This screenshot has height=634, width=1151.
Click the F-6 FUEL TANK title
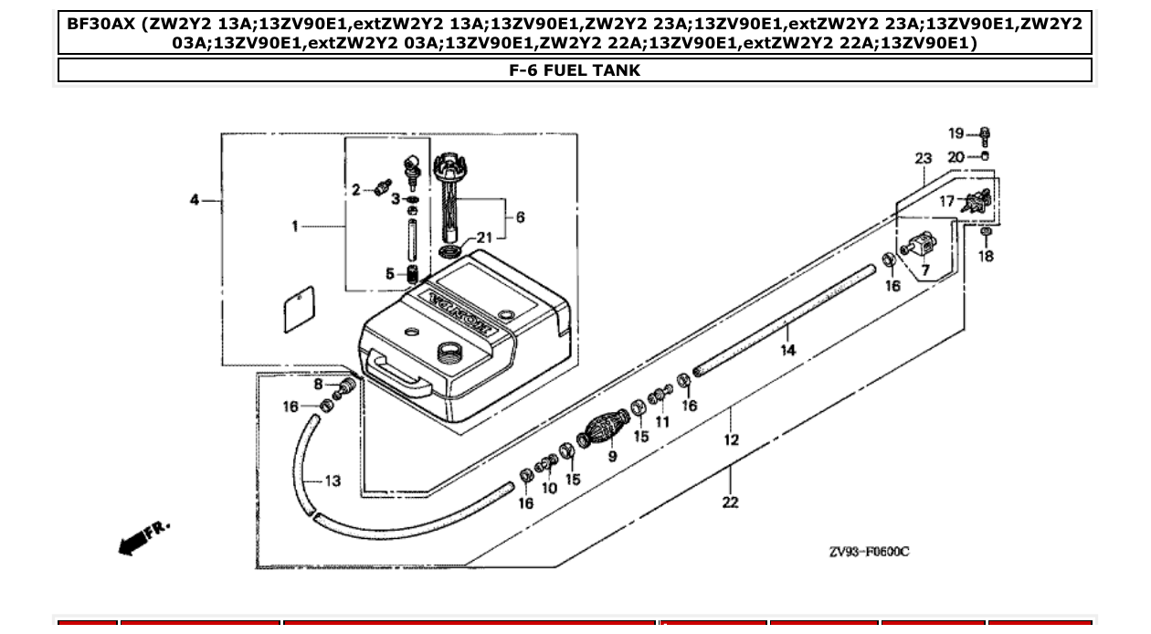pyautogui.click(x=575, y=70)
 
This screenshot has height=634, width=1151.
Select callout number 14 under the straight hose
pyautogui.click(x=787, y=349)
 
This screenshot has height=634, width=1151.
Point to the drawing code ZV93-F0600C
pyautogui.click(x=869, y=552)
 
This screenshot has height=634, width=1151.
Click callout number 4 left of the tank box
pyautogui.click(x=195, y=200)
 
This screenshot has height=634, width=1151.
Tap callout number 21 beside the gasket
pyautogui.click(x=483, y=238)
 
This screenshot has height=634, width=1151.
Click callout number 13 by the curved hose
pyautogui.click(x=333, y=481)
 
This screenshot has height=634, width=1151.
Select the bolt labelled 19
pyautogui.click(x=986, y=137)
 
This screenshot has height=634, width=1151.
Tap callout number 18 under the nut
pyautogui.click(x=986, y=257)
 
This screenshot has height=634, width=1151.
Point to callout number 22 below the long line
pyautogui.click(x=730, y=502)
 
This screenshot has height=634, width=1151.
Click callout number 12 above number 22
pyautogui.click(x=731, y=439)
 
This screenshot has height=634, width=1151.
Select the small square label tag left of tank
pyautogui.click(x=297, y=312)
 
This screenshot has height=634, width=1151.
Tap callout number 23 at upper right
pyautogui.click(x=923, y=159)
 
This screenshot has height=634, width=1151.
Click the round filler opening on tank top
pyautogui.click(x=450, y=351)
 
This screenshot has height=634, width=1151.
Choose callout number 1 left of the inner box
pyautogui.click(x=295, y=225)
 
